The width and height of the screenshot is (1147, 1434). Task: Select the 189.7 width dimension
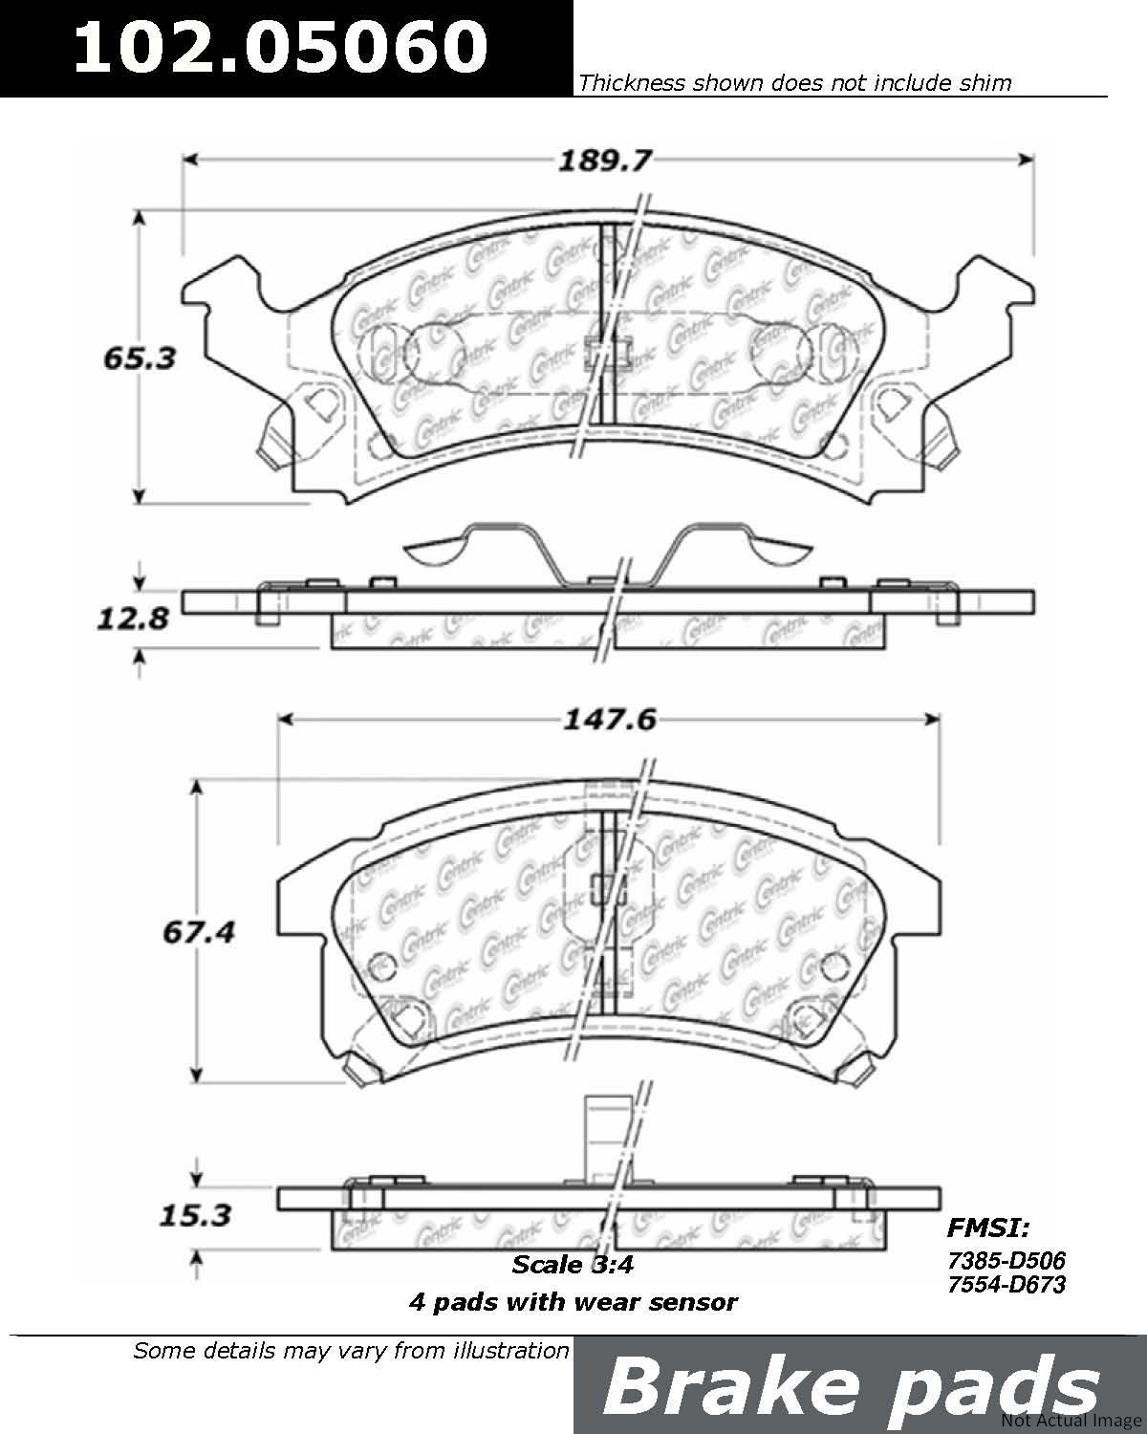coord(604,160)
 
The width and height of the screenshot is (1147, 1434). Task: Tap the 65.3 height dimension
coord(140,358)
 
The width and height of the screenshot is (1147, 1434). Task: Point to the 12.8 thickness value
coord(133,619)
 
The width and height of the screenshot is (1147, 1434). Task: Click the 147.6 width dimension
coord(610,720)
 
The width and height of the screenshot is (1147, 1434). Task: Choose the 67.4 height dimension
coord(199,932)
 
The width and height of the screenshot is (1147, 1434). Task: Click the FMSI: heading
coord(988,1228)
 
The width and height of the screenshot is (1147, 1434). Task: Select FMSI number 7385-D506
coord(1007,1260)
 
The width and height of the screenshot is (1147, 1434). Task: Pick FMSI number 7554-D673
coord(1007,1284)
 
